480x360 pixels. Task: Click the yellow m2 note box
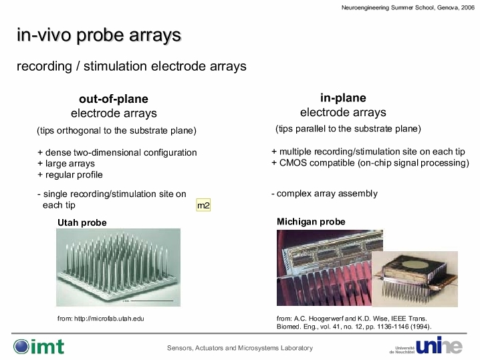pos(203,205)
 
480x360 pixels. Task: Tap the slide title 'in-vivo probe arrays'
pos(99,35)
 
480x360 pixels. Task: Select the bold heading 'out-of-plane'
pos(114,99)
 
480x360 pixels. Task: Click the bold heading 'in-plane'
pos(343,98)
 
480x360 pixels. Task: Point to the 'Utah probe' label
pos(82,222)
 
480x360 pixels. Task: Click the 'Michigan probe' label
pos(311,222)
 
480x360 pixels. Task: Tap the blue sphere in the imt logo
pos(21,347)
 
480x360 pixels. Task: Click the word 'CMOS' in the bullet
pos(293,163)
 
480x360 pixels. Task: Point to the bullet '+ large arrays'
pos(66,164)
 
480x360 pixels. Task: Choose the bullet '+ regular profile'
pos(70,174)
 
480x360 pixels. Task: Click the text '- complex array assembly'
pos(324,194)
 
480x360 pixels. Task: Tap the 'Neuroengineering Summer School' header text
pos(388,7)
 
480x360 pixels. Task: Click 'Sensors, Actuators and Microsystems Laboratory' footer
pos(240,348)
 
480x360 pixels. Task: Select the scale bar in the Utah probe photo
pos(152,301)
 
